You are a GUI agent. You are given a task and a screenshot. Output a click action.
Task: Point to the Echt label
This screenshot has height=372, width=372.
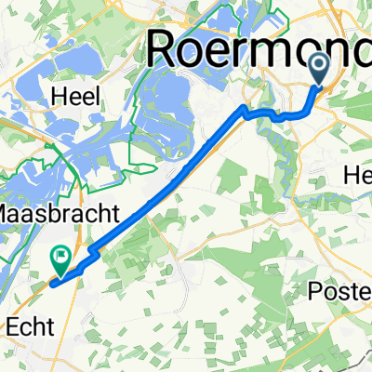(x=32, y=325)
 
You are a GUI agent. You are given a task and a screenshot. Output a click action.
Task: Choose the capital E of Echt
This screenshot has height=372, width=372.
(x=12, y=325)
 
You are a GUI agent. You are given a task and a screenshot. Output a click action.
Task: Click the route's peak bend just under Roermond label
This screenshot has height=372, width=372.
(x=245, y=109)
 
